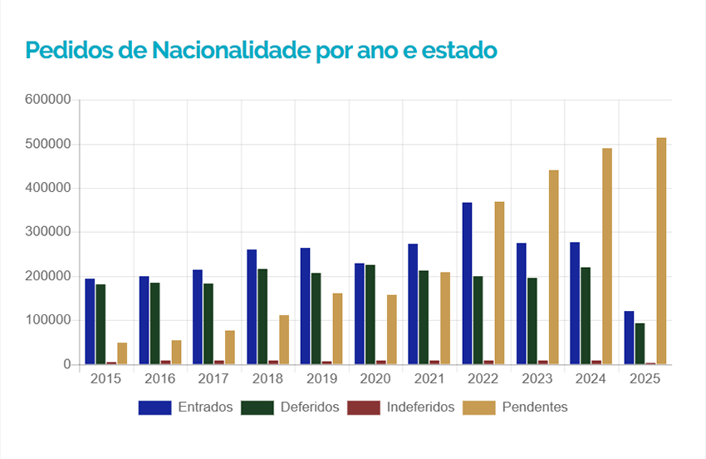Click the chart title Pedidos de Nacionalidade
click(261, 51)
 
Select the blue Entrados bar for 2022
click(467, 283)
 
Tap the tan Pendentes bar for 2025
click(661, 250)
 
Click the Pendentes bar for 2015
click(122, 353)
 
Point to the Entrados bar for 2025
click(629, 338)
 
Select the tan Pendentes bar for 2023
click(554, 267)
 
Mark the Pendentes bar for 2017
click(230, 347)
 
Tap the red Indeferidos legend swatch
click(362, 407)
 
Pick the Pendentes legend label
click(534, 407)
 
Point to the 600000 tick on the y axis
click(48, 100)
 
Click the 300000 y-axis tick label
click(48, 232)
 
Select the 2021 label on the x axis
click(429, 379)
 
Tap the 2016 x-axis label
click(160, 379)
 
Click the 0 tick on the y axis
click(66, 364)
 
